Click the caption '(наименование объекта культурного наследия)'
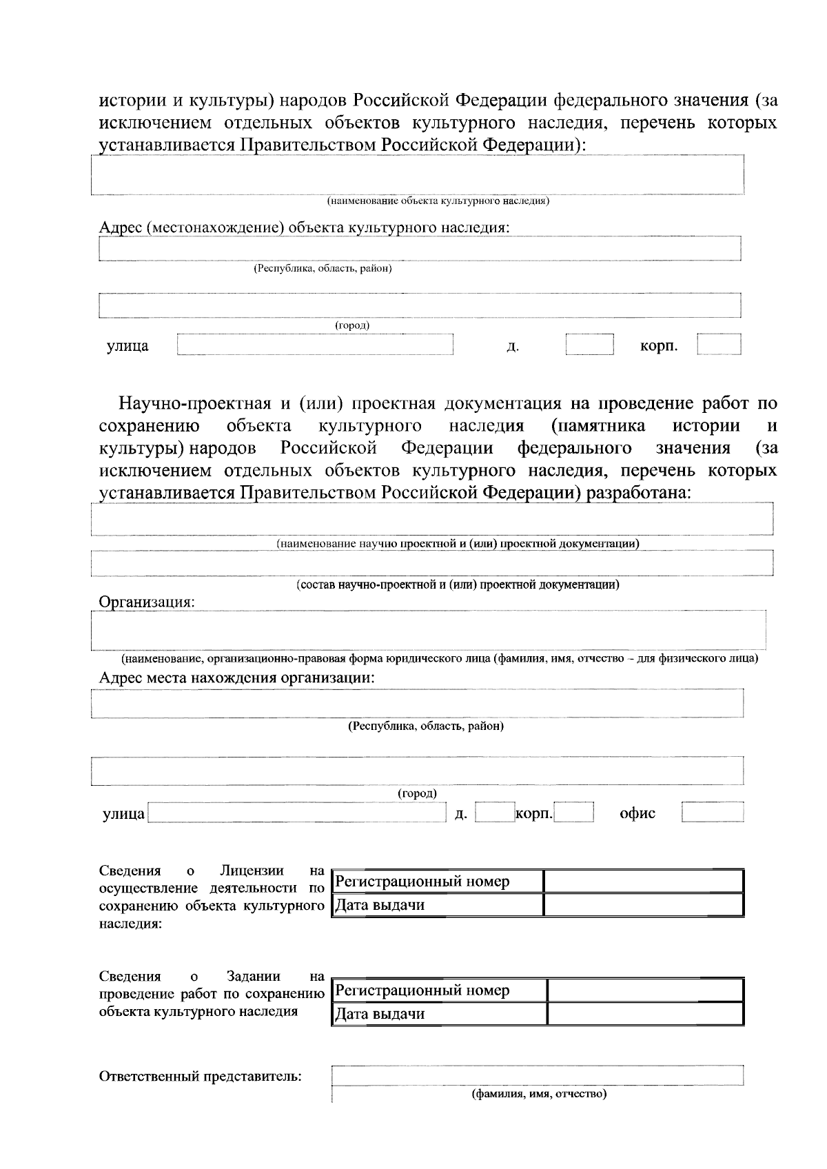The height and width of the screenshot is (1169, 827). [x=438, y=201]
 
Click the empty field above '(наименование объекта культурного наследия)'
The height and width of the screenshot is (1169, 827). [x=417, y=175]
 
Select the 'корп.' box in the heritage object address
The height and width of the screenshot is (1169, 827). [x=719, y=345]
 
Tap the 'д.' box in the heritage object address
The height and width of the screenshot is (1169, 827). [x=589, y=345]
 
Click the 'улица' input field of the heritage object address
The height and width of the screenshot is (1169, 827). [x=315, y=345]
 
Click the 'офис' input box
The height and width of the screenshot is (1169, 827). [x=713, y=813]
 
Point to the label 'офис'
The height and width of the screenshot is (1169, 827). [x=637, y=813]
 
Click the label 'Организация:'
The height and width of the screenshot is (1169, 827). [x=147, y=602]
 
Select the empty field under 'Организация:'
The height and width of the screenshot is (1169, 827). [x=428, y=630]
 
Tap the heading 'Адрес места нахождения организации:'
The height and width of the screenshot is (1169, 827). [x=237, y=677]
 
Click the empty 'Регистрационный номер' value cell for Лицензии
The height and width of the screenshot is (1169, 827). [x=643, y=882]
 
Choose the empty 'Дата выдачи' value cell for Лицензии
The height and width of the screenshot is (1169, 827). [x=643, y=905]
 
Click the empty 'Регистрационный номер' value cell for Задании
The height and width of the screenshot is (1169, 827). [x=644, y=990]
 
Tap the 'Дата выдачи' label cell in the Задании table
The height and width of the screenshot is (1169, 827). [x=438, y=1014]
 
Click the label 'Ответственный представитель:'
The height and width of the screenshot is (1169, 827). [x=201, y=1077]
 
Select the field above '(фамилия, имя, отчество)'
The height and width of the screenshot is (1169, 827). [x=538, y=1075]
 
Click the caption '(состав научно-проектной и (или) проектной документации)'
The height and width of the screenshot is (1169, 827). [x=458, y=585]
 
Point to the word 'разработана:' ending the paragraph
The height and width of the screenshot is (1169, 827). [x=638, y=493]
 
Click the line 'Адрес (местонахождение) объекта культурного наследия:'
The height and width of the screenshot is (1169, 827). [x=304, y=227]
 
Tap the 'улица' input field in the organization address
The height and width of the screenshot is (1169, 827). [x=296, y=813]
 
